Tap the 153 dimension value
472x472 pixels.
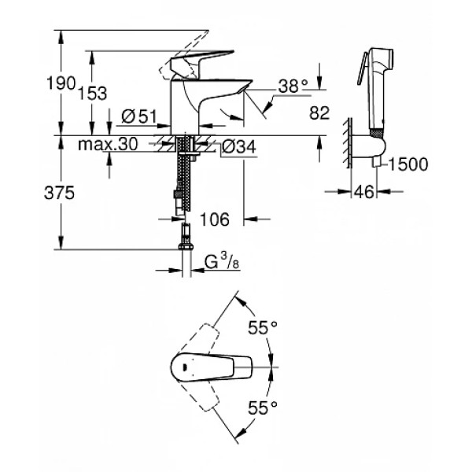click(x=93, y=93)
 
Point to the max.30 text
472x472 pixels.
click(x=108, y=145)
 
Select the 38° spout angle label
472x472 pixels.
click(x=292, y=88)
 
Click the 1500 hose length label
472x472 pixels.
click(x=407, y=164)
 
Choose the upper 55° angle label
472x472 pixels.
click(x=264, y=327)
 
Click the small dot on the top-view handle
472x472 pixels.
click(x=184, y=365)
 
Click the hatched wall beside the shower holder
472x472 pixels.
click(x=346, y=142)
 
